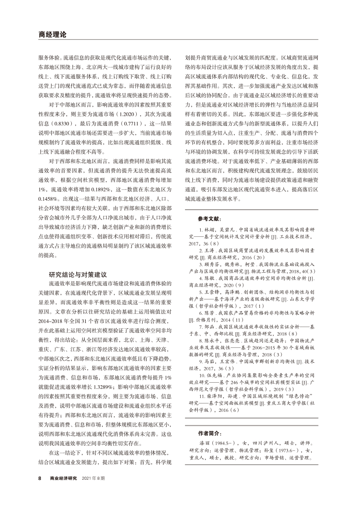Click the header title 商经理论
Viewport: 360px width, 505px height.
point(52,34)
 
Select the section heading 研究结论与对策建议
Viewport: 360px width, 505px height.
point(77,275)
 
